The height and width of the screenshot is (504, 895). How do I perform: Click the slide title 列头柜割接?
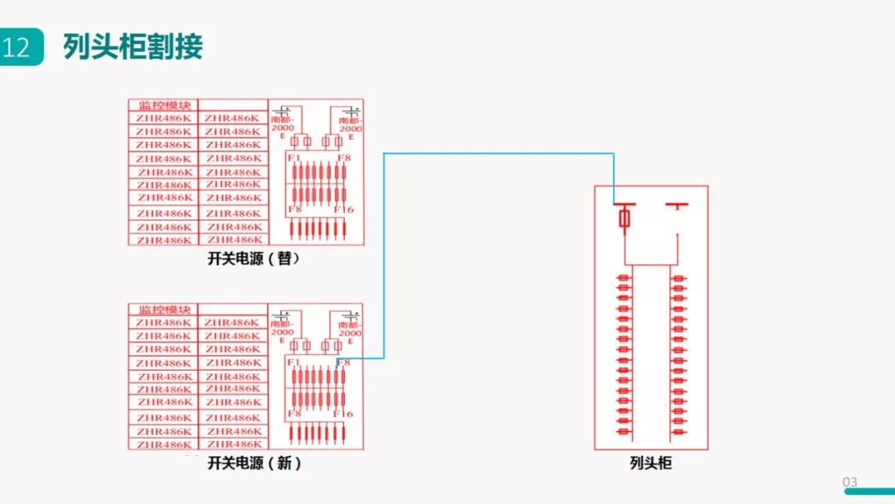click(133, 47)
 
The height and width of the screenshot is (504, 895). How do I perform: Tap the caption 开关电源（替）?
click(254, 259)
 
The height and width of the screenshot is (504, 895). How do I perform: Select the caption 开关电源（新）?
click(254, 463)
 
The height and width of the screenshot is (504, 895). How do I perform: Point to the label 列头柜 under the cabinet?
click(651, 463)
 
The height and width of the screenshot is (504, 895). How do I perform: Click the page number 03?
click(849, 482)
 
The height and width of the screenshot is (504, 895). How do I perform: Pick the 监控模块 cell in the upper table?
click(164, 105)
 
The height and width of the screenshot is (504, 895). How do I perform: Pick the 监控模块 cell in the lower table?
click(164, 309)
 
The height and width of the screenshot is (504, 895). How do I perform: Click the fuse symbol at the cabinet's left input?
click(625, 218)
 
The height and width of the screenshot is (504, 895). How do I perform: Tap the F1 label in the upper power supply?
click(293, 157)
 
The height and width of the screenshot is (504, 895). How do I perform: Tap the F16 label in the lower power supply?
click(343, 414)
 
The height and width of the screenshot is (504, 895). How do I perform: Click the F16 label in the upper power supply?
click(343, 210)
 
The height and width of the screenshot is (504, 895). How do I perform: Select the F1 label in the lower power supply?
click(293, 362)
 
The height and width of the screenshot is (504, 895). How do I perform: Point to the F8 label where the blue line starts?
click(344, 362)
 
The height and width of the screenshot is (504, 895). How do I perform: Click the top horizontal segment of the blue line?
click(497, 153)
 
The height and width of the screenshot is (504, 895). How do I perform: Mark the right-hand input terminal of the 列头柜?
click(678, 205)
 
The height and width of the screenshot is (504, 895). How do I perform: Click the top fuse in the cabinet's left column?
click(623, 278)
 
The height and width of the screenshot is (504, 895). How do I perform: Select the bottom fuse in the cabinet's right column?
click(679, 432)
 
